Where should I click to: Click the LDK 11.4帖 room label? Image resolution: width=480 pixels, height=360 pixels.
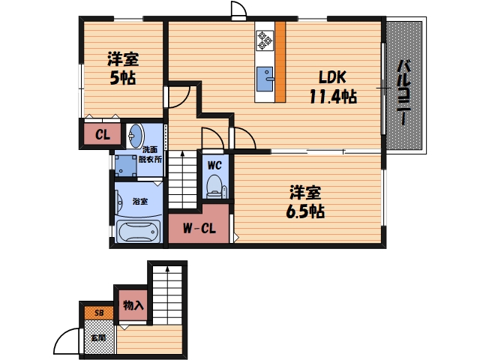[333, 87]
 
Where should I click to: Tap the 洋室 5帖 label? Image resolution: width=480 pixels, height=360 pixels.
[123, 68]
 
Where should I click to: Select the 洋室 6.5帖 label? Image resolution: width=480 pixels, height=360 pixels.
[305, 202]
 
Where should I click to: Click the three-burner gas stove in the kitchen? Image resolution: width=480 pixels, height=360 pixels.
[265, 40]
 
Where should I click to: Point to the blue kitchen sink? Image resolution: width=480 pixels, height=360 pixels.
[265, 79]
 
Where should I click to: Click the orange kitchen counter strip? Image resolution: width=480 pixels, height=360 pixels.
[280, 61]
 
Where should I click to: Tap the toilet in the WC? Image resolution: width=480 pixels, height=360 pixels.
[215, 187]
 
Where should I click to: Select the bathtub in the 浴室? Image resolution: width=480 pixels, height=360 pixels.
[138, 232]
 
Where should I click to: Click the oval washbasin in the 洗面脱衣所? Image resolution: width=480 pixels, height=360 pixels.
[136, 135]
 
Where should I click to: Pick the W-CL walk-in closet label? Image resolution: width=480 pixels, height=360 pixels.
[199, 228]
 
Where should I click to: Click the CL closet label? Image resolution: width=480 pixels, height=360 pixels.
[103, 135]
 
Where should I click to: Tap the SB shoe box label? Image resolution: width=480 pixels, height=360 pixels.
[98, 313]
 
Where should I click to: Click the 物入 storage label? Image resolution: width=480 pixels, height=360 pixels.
[133, 305]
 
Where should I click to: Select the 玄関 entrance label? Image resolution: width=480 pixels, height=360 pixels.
[98, 338]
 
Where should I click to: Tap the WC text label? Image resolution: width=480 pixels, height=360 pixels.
[214, 166]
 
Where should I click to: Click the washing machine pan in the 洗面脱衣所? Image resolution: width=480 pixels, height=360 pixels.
[125, 166]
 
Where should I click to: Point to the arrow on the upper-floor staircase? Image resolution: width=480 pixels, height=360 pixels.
[182, 178]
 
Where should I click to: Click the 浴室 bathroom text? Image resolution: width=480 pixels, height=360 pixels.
[140, 202]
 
